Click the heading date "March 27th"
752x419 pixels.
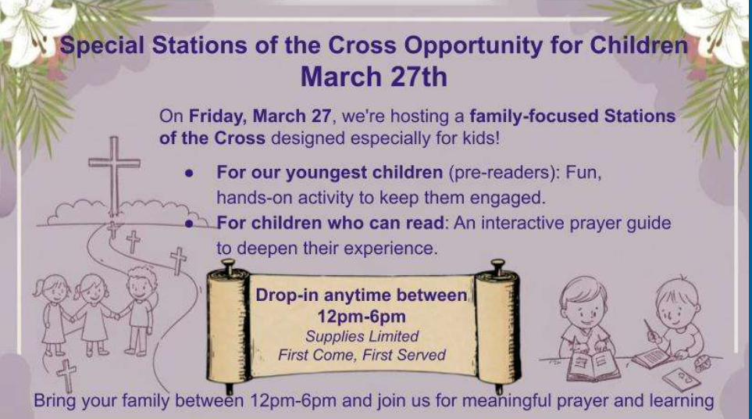(373, 77)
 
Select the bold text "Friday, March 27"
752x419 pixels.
(259, 116)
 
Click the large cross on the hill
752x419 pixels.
(114, 175)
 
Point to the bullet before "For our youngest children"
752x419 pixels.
(190, 174)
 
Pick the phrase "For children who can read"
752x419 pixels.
(330, 223)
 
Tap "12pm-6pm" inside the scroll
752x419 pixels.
(362, 317)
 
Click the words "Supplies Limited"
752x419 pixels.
(362, 336)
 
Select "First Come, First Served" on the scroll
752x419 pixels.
(362, 355)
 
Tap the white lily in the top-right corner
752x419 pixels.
(715, 29)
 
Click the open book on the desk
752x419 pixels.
(592, 366)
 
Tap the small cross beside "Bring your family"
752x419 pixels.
(66, 375)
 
